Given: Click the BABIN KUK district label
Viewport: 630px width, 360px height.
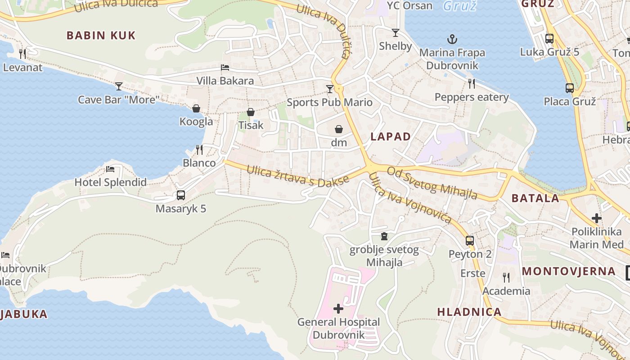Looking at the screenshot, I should pyautogui.click(x=101, y=36).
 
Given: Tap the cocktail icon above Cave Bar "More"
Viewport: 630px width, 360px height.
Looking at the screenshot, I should pyautogui.click(x=118, y=86).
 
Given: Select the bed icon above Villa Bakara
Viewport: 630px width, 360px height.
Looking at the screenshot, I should pyautogui.click(x=225, y=68).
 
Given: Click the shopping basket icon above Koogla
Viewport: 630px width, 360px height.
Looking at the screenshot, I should pyautogui.click(x=196, y=108).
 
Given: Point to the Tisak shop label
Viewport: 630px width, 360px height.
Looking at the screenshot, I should pyautogui.click(x=251, y=125).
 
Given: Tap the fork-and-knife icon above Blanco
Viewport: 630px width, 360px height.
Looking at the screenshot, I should pyautogui.click(x=199, y=149).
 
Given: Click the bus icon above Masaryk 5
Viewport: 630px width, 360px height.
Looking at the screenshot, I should pyautogui.click(x=181, y=195).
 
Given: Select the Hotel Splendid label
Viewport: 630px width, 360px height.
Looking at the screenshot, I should pyautogui.click(x=110, y=182).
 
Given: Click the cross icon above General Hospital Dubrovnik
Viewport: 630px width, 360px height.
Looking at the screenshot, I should pyautogui.click(x=338, y=309).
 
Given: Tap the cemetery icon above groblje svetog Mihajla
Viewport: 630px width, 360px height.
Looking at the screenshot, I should pyautogui.click(x=384, y=236).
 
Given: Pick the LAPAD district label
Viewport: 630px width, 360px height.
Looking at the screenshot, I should pyautogui.click(x=391, y=137).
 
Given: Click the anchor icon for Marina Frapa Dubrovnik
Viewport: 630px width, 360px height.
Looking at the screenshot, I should pyautogui.click(x=452, y=39).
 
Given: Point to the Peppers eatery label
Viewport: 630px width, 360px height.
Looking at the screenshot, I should pyautogui.click(x=471, y=97).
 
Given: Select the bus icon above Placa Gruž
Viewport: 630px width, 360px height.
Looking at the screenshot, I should pyautogui.click(x=570, y=88).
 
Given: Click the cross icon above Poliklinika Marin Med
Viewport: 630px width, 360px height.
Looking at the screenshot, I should pyautogui.click(x=597, y=219).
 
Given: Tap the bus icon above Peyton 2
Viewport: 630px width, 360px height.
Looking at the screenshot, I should pyautogui.click(x=470, y=241).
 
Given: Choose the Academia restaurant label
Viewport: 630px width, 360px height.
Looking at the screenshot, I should pyautogui.click(x=506, y=291).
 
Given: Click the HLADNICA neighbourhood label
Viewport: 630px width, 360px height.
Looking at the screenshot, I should pyautogui.click(x=469, y=312).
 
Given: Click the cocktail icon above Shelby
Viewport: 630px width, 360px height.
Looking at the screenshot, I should pyautogui.click(x=396, y=33).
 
